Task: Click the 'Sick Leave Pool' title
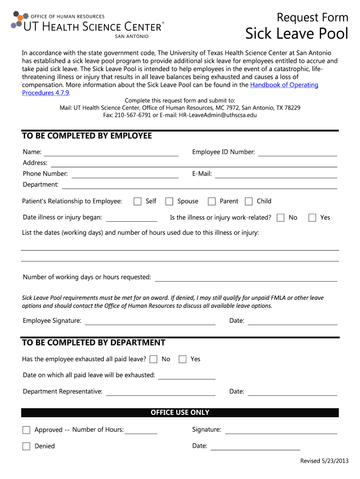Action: pos(297,34)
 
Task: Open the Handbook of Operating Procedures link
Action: pos(284,85)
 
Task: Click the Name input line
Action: pos(111,152)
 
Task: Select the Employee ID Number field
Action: pos(297,152)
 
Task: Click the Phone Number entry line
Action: pos(125,174)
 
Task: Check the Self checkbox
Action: pos(137,202)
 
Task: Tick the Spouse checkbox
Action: pos(169,202)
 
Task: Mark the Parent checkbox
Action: pos(212,202)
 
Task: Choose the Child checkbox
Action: pos(249,202)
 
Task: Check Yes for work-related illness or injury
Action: pos(312,218)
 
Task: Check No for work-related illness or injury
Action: pos(281,218)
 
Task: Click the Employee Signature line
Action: pos(150,321)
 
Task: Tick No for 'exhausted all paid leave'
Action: pos(153,359)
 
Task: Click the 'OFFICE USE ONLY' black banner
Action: pos(180,413)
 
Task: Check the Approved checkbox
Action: pos(26,430)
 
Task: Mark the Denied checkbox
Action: pos(26,446)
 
